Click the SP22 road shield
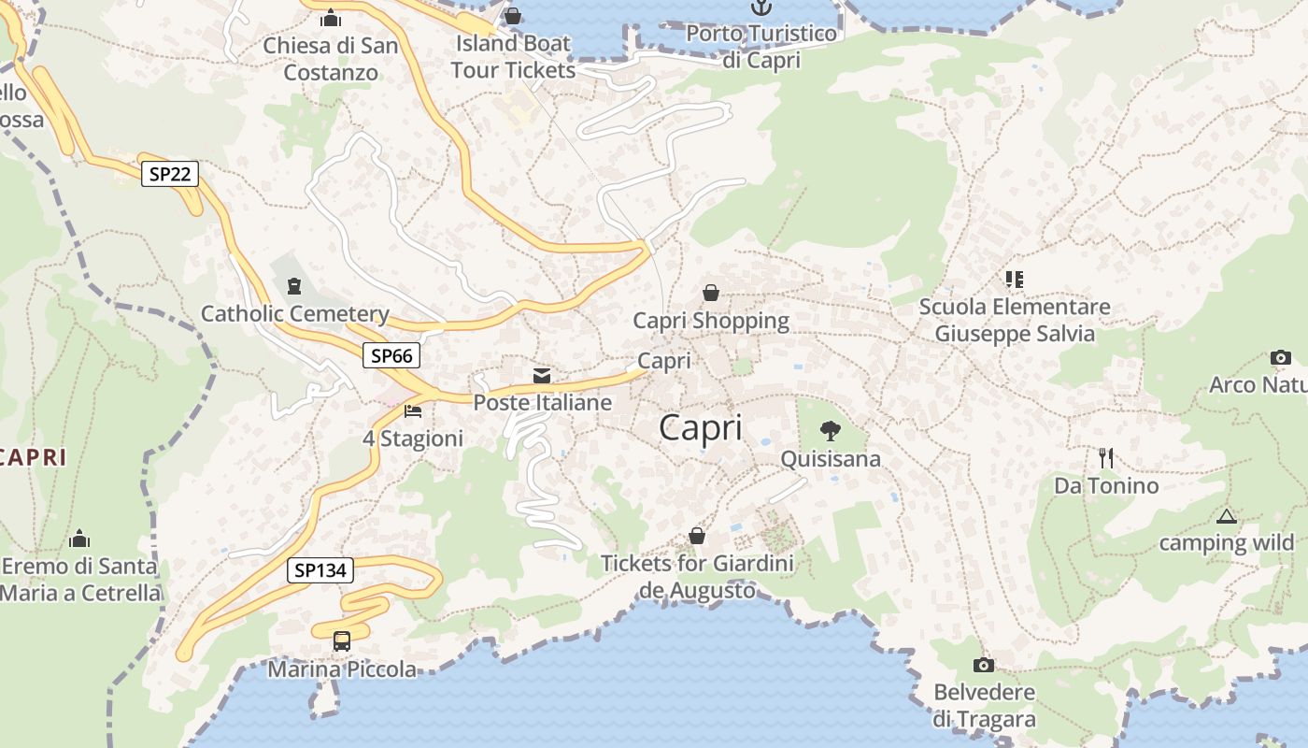(x=170, y=174)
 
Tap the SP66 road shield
(x=391, y=355)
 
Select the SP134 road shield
(x=320, y=570)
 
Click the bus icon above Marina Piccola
(x=342, y=641)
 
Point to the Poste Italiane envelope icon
(x=542, y=376)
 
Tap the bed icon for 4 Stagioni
(x=413, y=410)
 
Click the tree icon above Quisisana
(x=830, y=431)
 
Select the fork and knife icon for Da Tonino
(x=1106, y=457)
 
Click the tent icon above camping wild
(x=1226, y=516)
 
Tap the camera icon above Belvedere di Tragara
(x=983, y=666)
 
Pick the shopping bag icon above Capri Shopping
(x=711, y=293)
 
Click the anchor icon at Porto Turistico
(x=762, y=7)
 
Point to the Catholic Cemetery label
(x=295, y=314)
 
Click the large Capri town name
(x=701, y=428)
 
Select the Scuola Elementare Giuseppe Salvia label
(x=1015, y=320)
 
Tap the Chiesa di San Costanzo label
(x=331, y=59)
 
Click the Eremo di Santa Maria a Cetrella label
(x=80, y=580)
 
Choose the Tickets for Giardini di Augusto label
(x=697, y=577)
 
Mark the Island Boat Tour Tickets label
(x=513, y=56)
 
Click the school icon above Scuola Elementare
(x=1014, y=279)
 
